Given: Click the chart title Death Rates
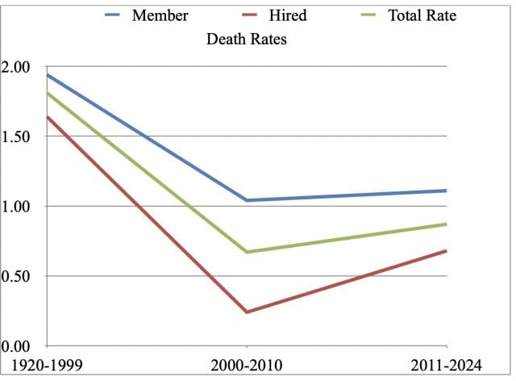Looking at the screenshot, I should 247,39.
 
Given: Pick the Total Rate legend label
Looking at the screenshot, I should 422,15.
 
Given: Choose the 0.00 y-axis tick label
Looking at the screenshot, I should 19,346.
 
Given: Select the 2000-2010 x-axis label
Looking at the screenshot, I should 246,366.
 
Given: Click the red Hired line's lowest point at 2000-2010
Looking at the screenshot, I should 247,312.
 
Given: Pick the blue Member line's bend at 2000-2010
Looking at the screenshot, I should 247,200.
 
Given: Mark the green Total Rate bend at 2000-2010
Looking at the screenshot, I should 247,252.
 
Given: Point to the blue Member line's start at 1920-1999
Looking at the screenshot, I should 48,75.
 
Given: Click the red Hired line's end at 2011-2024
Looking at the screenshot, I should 445,251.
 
